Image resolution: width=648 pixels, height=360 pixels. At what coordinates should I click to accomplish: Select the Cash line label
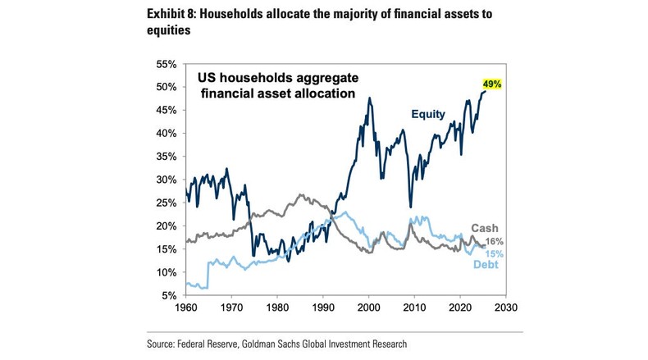[x=485, y=228]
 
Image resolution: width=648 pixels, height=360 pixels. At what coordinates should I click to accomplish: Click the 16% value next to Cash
[x=495, y=241]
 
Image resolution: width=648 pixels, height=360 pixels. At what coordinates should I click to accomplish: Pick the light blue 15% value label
[x=495, y=254]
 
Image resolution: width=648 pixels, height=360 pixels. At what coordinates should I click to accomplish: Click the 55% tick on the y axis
[x=167, y=64]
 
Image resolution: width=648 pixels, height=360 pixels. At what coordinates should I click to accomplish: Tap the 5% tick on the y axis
[x=170, y=295]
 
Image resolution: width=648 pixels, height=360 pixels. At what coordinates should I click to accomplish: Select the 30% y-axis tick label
[x=167, y=180]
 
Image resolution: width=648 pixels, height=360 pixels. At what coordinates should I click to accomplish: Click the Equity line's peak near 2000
[x=369, y=98]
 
